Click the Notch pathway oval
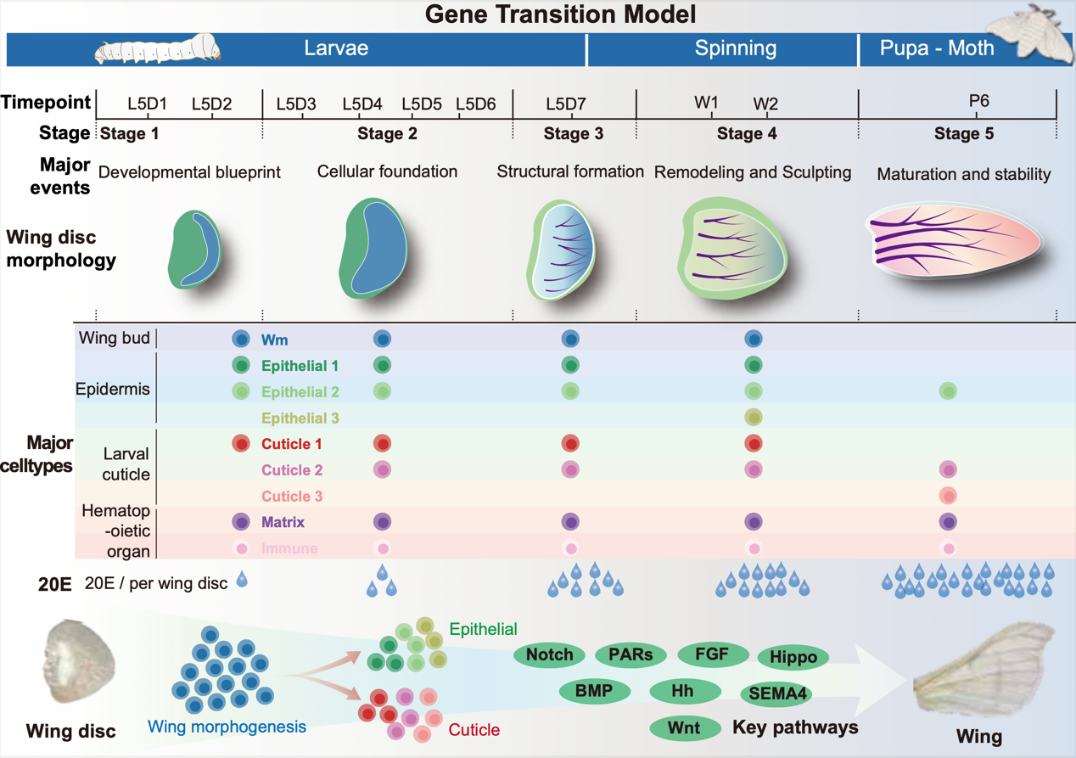tap(549, 654)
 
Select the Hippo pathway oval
tap(793, 657)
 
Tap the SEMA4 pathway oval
tap(776, 693)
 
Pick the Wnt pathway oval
tap(684, 727)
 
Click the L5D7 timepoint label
tap(565, 104)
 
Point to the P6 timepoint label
tap(978, 101)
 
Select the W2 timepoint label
tap(765, 104)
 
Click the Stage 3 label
tap(573, 133)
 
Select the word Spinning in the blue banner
tap(736, 48)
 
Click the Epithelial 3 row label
tap(300, 418)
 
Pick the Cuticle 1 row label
tap(292, 444)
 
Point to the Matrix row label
tap(283, 522)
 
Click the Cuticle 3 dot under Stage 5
tap(948, 496)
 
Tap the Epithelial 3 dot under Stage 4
tap(753, 418)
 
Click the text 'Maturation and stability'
tap(964, 174)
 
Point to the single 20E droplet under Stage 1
tap(243, 581)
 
